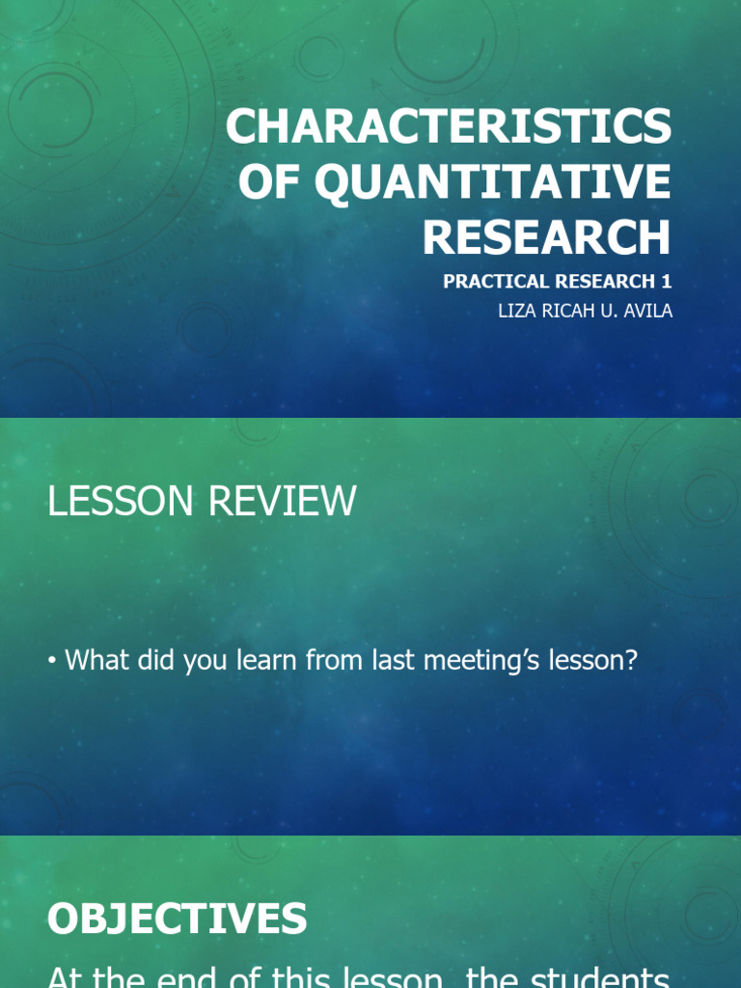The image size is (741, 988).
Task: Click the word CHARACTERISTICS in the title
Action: [448, 127]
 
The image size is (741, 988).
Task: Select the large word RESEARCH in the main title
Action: [546, 236]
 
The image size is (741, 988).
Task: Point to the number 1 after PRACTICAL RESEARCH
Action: [666, 282]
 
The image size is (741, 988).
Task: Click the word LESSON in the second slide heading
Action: [109, 502]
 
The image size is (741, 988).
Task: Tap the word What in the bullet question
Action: [95, 661]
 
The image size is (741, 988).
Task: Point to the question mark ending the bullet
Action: [631, 661]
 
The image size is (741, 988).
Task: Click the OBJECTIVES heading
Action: [177, 919]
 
